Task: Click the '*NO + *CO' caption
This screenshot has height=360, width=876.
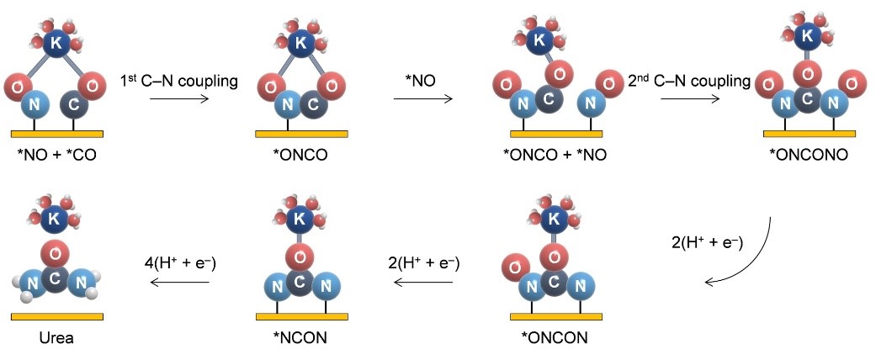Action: point(57,155)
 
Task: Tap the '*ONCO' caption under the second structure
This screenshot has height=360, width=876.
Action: point(301,155)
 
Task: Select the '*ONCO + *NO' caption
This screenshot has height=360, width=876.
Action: point(555,155)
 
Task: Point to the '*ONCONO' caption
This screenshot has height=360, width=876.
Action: point(809,155)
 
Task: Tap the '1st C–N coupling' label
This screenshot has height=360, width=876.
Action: point(193,81)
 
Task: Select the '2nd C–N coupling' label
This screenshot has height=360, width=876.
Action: point(689,81)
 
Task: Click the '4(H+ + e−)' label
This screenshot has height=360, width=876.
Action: point(179,263)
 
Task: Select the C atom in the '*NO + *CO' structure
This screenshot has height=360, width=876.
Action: point(73,106)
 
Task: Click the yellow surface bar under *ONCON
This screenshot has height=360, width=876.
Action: point(556,317)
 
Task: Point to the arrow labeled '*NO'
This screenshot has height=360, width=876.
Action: point(422,99)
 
